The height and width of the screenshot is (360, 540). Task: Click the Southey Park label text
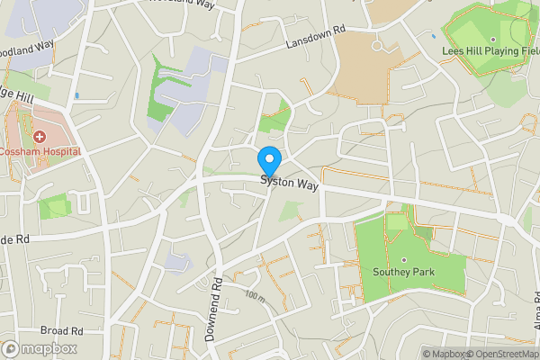click(403, 272)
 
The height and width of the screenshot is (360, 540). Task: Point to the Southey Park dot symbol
click(403, 260)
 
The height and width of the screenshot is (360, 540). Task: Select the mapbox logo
click(40, 348)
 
